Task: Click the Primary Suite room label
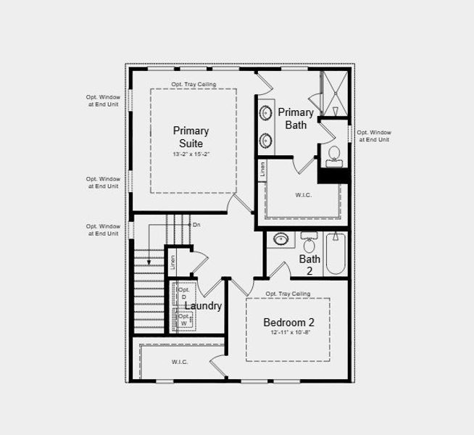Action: pyautogui.click(x=191, y=137)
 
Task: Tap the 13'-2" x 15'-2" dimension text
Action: pyautogui.click(x=191, y=155)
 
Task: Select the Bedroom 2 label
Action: pyautogui.click(x=288, y=323)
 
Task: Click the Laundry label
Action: pyautogui.click(x=203, y=306)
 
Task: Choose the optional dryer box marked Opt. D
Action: pyautogui.click(x=184, y=294)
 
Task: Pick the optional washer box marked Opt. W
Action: pyautogui.click(x=184, y=319)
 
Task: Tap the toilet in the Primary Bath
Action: pyautogui.click(x=334, y=154)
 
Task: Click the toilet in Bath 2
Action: pyautogui.click(x=309, y=243)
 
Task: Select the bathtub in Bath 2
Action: pyautogui.click(x=336, y=253)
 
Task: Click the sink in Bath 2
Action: pyautogui.click(x=279, y=239)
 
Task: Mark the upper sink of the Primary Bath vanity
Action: pyautogui.click(x=265, y=113)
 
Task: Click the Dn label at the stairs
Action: pyautogui.click(x=196, y=225)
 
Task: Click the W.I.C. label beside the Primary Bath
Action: pyautogui.click(x=303, y=194)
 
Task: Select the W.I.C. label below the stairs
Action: pyautogui.click(x=180, y=362)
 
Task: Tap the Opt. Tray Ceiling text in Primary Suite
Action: pyautogui.click(x=192, y=84)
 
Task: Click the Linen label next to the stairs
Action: pyautogui.click(x=172, y=262)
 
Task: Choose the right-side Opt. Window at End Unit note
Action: pyautogui.click(x=373, y=136)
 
